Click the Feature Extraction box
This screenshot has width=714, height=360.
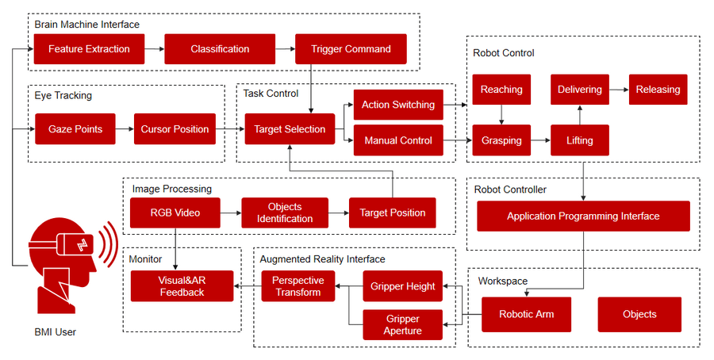(89, 49)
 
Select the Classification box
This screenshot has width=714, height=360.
(220, 49)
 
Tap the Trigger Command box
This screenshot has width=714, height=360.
(351, 49)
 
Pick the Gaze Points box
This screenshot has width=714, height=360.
(75, 129)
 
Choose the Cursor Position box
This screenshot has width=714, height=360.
(175, 129)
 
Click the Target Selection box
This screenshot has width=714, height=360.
(289, 129)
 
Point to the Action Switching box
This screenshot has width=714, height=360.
(397, 105)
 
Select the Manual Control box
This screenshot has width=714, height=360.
(397, 140)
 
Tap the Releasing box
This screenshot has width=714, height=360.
(658, 90)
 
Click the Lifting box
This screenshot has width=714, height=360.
(580, 140)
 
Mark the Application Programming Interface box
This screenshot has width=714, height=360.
(583, 216)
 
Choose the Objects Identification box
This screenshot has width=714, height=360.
(284, 213)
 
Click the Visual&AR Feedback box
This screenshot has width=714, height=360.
(182, 286)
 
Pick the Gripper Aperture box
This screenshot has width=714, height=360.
(402, 324)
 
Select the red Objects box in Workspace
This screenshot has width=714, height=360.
(639, 314)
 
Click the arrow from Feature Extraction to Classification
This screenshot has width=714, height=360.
(155, 49)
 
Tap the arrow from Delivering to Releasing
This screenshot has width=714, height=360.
(619, 90)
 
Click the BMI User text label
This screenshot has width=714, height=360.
(55, 332)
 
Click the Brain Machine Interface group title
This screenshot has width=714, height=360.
(86, 25)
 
